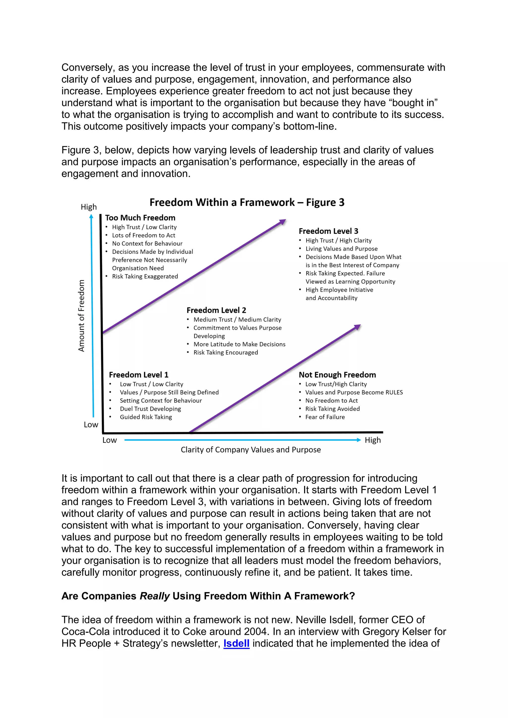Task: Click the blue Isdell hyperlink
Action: point(236,643)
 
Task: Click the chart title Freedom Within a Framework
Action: point(247,202)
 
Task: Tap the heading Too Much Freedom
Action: point(140,218)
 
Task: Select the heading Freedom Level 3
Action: point(328,231)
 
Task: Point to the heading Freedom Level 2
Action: point(216,310)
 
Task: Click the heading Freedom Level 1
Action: point(139,375)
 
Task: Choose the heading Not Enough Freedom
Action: point(337,375)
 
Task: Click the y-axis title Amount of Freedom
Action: point(81,316)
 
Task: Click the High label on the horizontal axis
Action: point(373,440)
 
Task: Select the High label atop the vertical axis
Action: point(89,207)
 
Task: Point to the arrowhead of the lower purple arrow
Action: point(357,327)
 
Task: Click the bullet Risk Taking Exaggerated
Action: point(145,276)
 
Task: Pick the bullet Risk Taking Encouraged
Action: point(225,353)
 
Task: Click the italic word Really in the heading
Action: point(155,596)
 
